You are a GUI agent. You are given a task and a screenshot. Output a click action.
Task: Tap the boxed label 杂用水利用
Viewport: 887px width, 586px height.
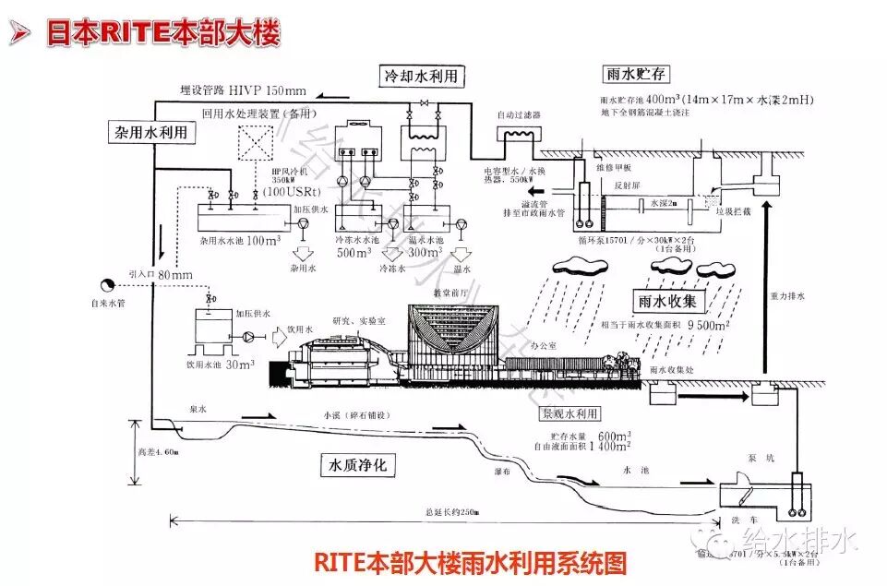pyautogui.click(x=153, y=132)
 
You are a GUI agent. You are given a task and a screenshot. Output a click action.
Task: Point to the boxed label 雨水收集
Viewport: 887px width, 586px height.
pyautogui.click(x=671, y=301)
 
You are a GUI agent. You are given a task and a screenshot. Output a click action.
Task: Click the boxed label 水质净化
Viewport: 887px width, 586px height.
pyautogui.click(x=358, y=465)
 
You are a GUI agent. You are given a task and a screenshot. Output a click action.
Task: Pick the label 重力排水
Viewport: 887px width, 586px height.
pyautogui.click(x=786, y=297)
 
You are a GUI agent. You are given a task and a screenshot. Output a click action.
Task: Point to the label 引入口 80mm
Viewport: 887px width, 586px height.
pyautogui.click(x=162, y=274)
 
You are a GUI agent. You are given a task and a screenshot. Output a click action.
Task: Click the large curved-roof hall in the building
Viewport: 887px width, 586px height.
pyautogui.click(x=453, y=329)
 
